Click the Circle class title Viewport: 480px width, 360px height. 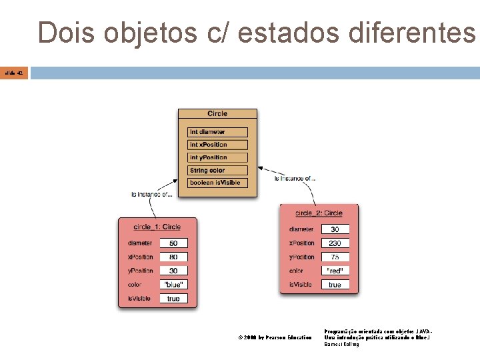click(217, 114)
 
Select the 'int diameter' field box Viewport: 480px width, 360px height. click(217, 132)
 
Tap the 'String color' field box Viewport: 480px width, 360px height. click(217, 170)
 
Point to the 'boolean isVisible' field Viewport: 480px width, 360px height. click(217, 183)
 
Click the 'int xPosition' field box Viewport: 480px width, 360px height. click(217, 145)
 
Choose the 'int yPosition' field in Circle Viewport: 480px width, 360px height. click(217, 157)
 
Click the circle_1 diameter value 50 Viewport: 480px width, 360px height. click(173, 243)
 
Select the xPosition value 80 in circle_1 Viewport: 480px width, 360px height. click(173, 257)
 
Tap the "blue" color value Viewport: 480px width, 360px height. click(173, 285)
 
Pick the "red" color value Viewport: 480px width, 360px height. click(335, 271)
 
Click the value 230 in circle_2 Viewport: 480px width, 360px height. click(335, 243)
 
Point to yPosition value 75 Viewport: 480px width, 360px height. click(335, 257)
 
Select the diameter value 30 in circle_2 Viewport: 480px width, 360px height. click(335, 229)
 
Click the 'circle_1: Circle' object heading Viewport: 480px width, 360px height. click(157, 227)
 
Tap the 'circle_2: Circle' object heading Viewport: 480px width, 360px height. click(319, 213)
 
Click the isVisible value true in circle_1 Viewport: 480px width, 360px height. click(173, 299)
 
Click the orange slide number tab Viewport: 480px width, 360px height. click(14, 73)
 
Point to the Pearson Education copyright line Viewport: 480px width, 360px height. click(275, 338)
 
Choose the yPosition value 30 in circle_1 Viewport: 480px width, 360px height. click(173, 271)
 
